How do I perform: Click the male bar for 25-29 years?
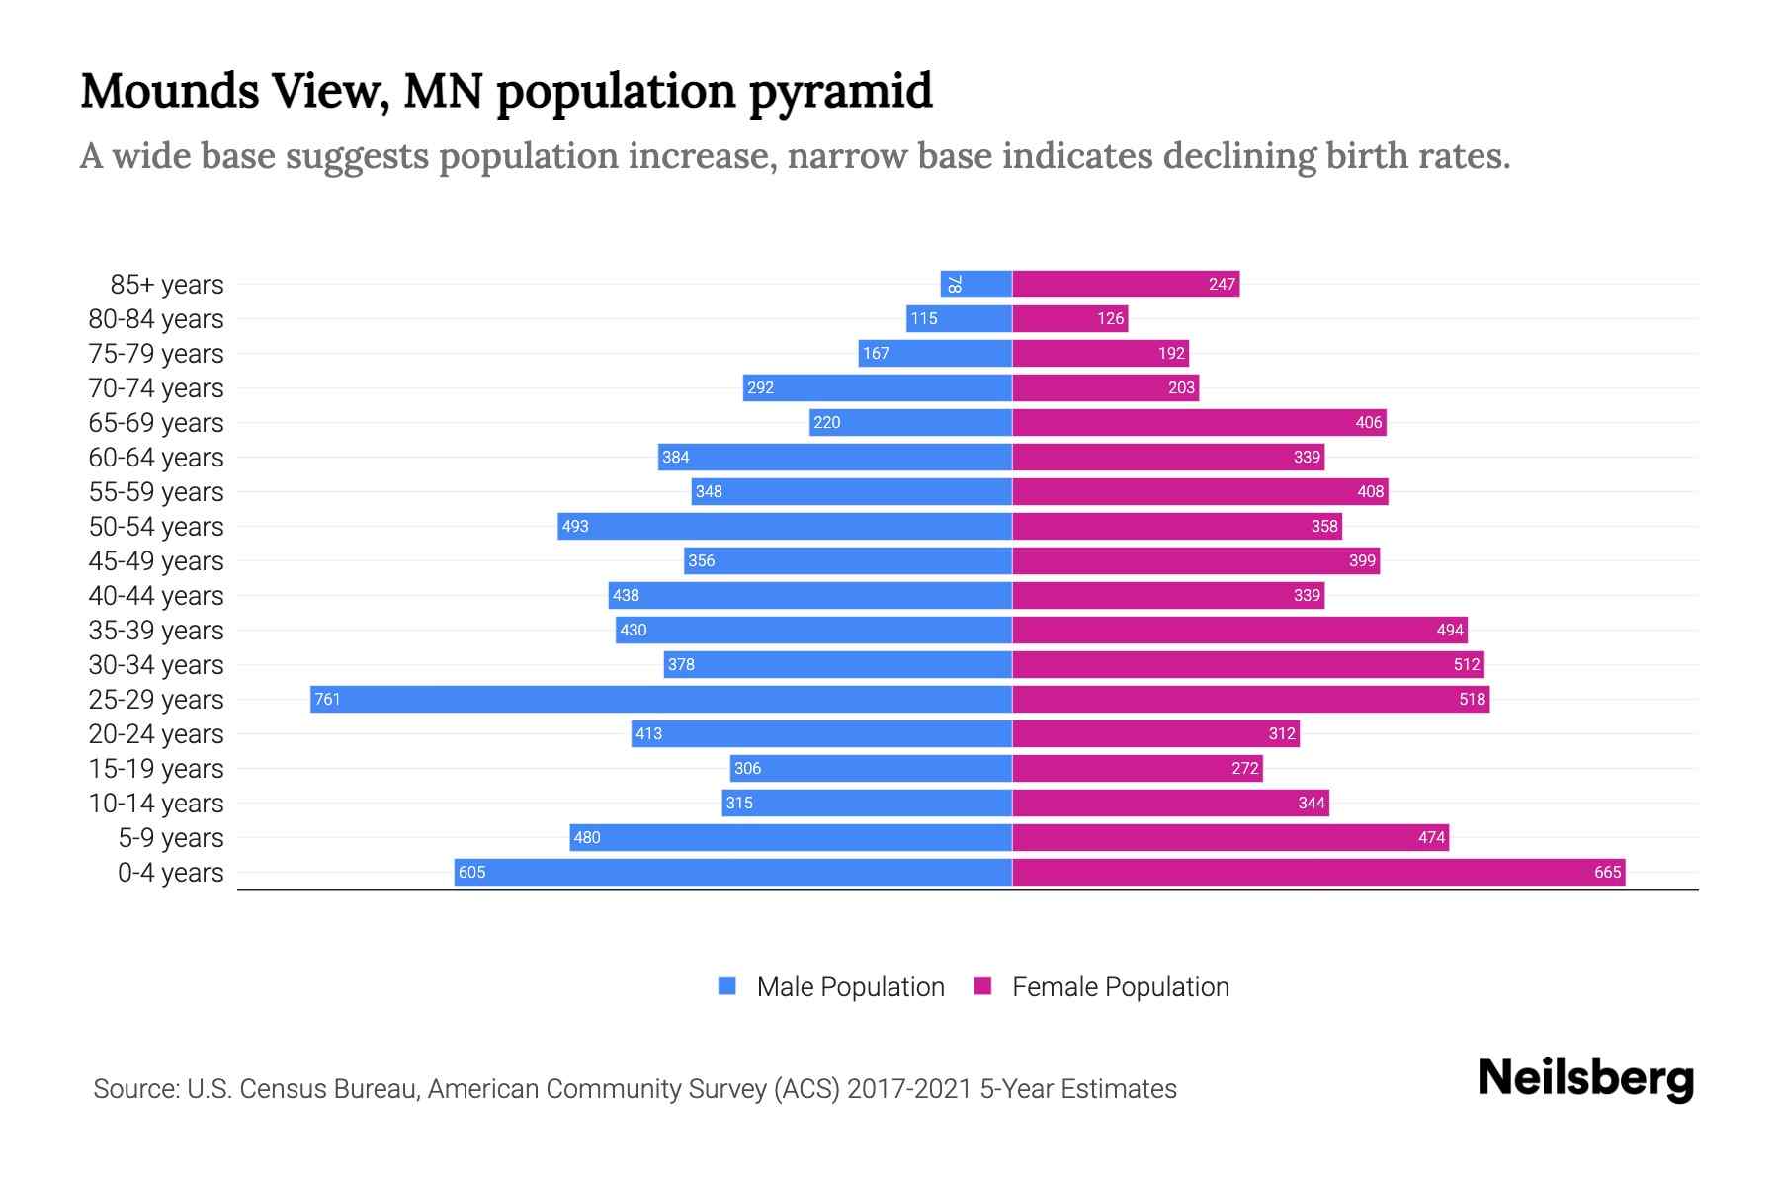click(x=660, y=700)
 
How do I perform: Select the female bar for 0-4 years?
click(x=1317, y=873)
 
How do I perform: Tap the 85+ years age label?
click(x=167, y=285)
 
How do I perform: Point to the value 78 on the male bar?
click(x=954, y=285)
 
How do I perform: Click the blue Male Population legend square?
click(x=727, y=986)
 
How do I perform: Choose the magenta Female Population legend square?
click(x=982, y=986)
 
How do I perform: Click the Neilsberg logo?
click(x=1585, y=1078)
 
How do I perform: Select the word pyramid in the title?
click(x=840, y=92)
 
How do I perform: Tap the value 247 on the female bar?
click(x=1222, y=285)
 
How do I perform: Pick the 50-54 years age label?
click(x=156, y=527)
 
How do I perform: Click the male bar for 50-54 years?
click(x=785, y=527)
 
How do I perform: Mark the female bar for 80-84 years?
click(x=1069, y=319)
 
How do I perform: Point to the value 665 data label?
click(x=1607, y=873)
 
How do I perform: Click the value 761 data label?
click(x=327, y=700)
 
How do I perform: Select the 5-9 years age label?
click(x=171, y=838)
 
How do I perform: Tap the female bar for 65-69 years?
click(x=1199, y=423)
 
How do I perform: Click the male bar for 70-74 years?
click(x=878, y=388)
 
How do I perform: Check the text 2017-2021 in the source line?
click(x=909, y=1089)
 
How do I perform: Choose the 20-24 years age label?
click(x=156, y=734)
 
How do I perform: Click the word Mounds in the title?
click(x=169, y=92)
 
